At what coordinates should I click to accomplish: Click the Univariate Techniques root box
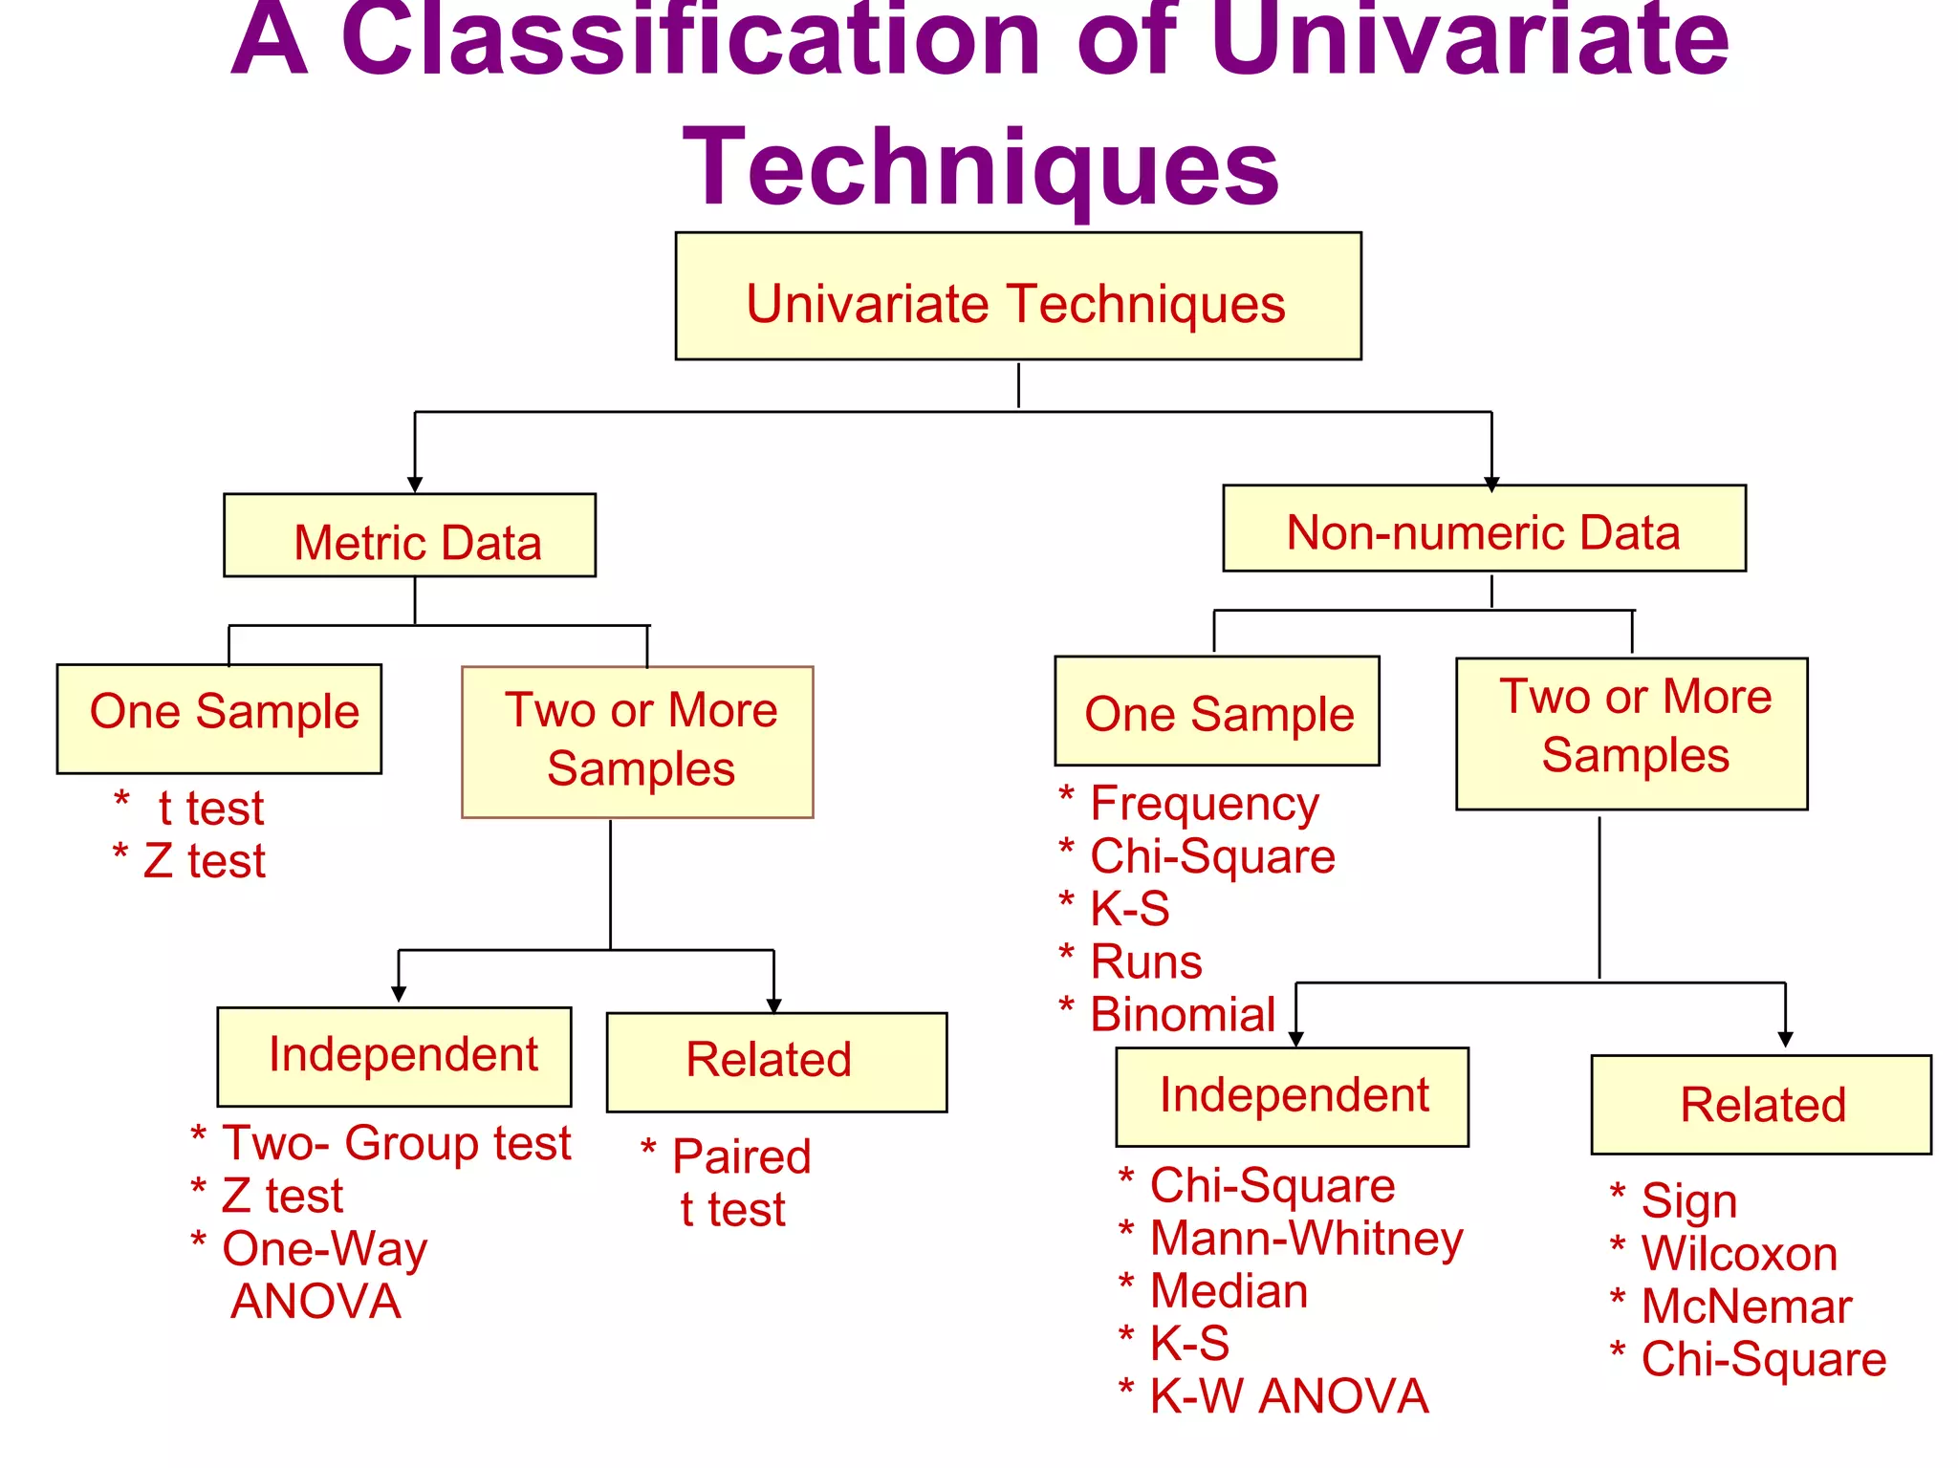[1017, 296]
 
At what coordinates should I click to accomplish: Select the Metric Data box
[409, 536]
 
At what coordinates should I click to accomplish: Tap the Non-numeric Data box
[1484, 529]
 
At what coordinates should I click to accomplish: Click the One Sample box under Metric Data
[219, 719]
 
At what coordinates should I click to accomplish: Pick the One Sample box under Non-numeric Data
[1217, 711]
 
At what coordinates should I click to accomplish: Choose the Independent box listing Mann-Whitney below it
[1292, 1096]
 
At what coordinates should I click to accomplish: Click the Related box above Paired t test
[776, 1062]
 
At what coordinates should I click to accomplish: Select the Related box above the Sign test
[1761, 1105]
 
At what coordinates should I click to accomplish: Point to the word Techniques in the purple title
[981, 168]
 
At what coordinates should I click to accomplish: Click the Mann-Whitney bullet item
[1306, 1239]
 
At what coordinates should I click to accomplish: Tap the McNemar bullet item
[1746, 1306]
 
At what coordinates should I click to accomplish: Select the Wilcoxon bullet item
[1739, 1254]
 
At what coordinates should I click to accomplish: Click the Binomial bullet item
[1183, 1014]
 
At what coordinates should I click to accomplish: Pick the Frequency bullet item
[1204, 805]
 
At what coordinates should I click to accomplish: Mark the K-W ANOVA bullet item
[1288, 1396]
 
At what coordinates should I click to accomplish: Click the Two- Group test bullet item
[396, 1143]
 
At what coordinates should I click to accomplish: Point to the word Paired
[742, 1156]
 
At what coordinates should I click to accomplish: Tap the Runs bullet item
[1146, 961]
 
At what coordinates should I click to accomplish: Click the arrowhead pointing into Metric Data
[415, 485]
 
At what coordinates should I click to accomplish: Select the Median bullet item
[1229, 1291]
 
